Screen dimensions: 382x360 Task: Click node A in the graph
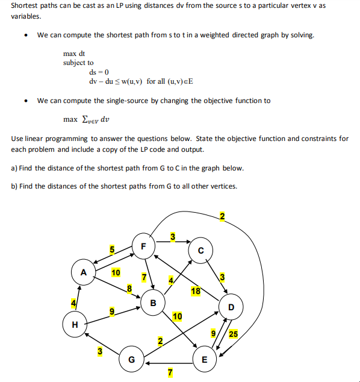[x=84, y=272]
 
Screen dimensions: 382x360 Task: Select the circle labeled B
[x=153, y=302]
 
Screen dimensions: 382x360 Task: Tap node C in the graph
[x=201, y=250]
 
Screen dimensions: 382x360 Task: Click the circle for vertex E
[x=204, y=360]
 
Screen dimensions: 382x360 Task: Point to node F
[x=143, y=246]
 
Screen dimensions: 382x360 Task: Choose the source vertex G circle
[x=132, y=360]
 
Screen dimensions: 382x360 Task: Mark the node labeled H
[x=75, y=324]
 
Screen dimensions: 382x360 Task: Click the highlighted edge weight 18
[x=196, y=292]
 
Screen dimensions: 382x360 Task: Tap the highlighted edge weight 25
[x=233, y=333]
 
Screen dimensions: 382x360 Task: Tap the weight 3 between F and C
[x=173, y=236]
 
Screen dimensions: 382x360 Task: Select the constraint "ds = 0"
[x=98, y=72]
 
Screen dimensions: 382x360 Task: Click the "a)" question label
[x=14, y=168]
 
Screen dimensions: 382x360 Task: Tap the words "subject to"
[x=78, y=63]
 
